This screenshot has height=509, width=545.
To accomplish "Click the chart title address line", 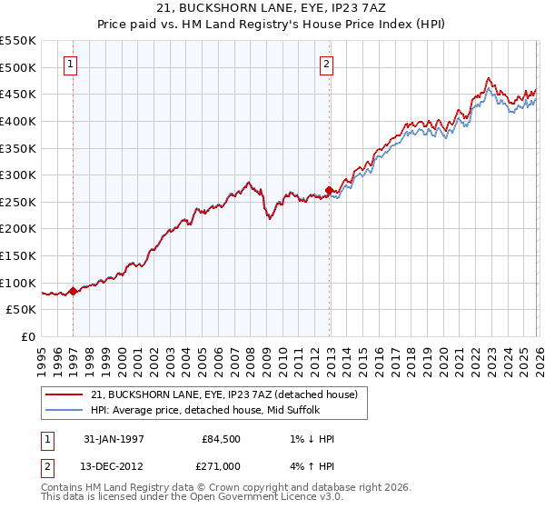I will coord(272,9).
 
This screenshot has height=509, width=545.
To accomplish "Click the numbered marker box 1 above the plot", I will coord(71,64).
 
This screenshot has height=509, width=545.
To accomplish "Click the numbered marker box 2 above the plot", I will coord(326,64).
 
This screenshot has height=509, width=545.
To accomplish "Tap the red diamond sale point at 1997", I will coord(74,291).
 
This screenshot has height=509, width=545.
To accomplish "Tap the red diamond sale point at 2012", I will coord(329,191).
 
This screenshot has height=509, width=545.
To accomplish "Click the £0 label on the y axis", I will coord(27,336).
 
